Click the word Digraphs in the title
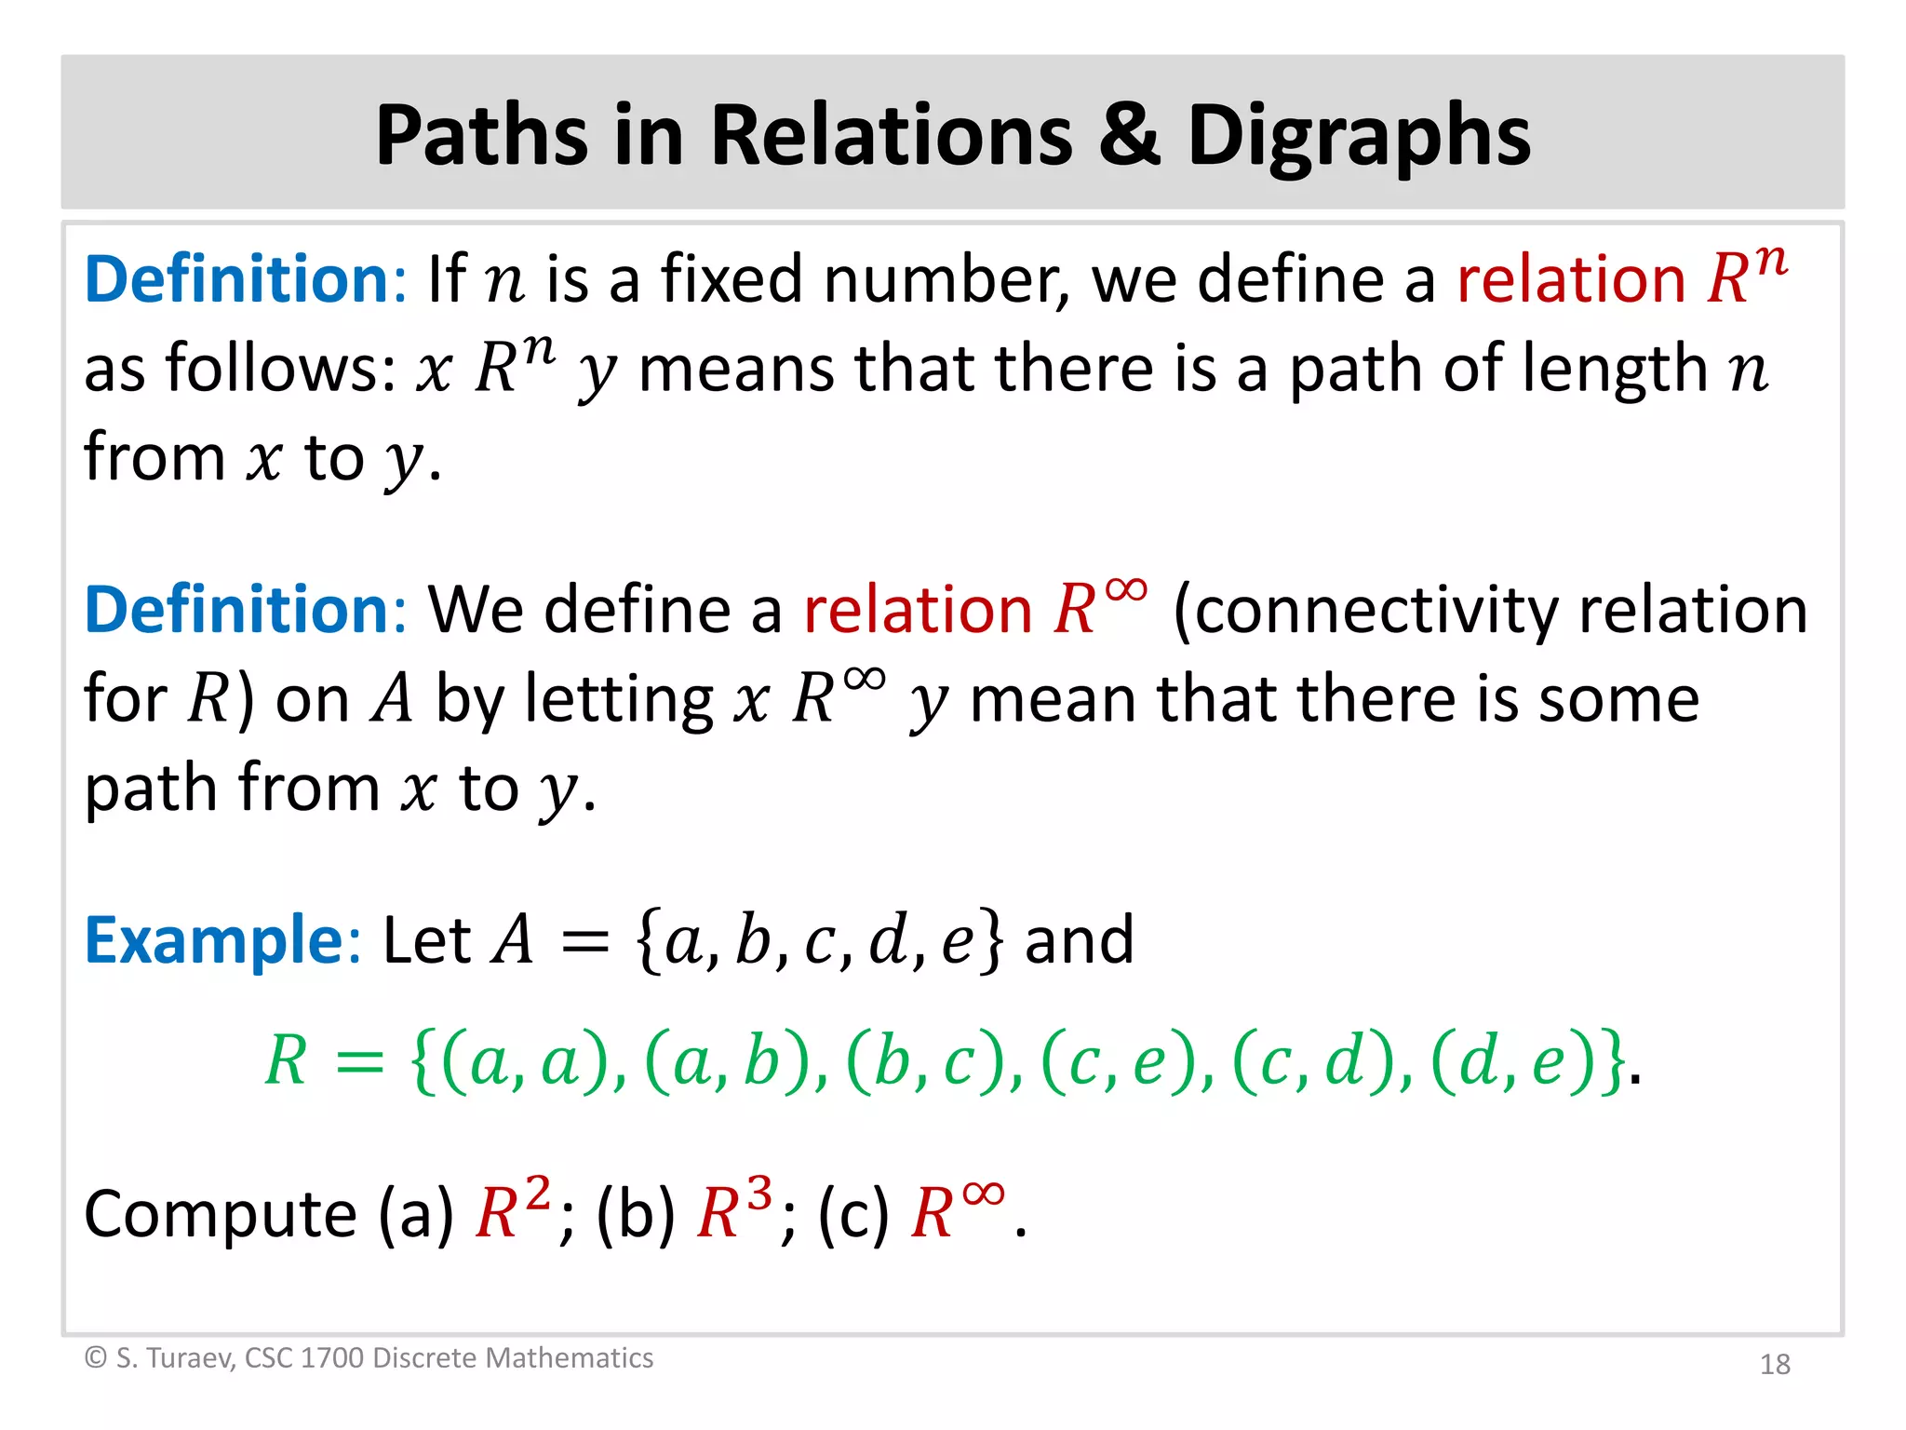click(x=1359, y=138)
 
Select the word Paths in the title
click(x=481, y=135)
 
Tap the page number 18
click(x=1775, y=1364)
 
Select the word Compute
click(x=221, y=1214)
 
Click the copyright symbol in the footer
click(x=95, y=1358)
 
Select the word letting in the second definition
click(x=618, y=700)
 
